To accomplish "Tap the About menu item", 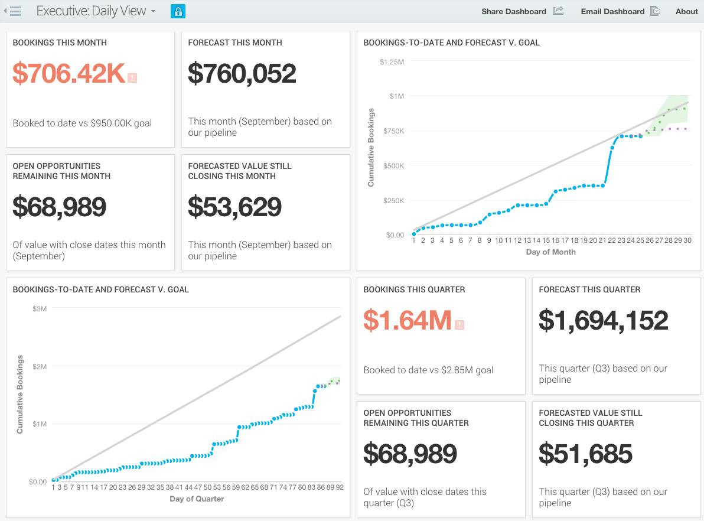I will (686, 11).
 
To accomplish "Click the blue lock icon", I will (178, 11).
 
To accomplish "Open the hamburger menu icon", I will (15, 11).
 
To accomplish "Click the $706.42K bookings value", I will (69, 73).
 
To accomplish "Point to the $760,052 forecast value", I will (242, 73).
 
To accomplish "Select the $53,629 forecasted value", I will (234, 207).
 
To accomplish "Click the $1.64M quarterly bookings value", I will (408, 320).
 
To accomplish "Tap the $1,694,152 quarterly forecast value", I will (603, 320).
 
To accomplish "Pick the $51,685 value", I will (585, 454).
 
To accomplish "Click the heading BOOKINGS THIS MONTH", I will (60, 43).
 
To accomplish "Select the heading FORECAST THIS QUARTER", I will (589, 289).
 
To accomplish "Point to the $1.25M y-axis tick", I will (392, 61).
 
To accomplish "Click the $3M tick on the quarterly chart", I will (40, 308).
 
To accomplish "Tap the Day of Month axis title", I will (550, 252).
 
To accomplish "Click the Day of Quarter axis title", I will (197, 499).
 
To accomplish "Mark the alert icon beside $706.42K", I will (132, 77).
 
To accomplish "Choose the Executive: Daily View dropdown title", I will (96, 11).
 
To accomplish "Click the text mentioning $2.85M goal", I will (428, 370).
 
